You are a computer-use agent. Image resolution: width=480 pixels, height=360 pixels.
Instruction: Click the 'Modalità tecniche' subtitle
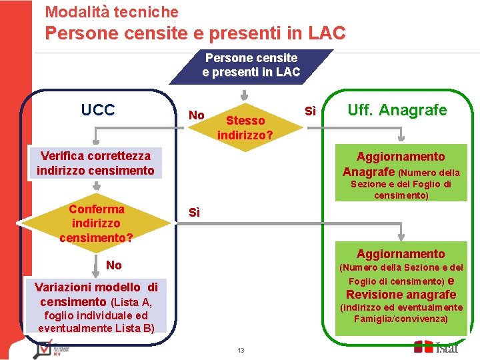click(111, 11)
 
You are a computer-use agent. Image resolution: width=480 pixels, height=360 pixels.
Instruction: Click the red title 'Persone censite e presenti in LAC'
click(195, 33)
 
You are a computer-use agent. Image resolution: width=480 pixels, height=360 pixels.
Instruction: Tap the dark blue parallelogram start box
click(251, 65)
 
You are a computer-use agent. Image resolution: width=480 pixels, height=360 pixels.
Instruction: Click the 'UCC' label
click(97, 110)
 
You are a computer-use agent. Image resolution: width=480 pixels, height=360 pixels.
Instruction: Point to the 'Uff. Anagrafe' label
click(397, 110)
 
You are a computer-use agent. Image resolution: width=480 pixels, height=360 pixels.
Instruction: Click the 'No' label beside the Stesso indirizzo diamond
click(196, 115)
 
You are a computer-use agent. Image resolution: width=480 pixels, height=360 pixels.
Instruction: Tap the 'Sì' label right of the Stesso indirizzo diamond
click(310, 110)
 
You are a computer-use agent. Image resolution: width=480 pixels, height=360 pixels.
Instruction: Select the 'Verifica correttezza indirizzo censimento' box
click(95, 163)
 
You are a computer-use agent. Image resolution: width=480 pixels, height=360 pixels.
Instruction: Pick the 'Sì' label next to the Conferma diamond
click(194, 213)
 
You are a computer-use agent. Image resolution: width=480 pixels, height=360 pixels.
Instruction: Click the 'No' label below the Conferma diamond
click(113, 265)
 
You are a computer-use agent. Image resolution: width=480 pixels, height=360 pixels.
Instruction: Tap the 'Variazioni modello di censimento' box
click(96, 307)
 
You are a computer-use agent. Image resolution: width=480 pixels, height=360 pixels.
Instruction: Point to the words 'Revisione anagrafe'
click(401, 295)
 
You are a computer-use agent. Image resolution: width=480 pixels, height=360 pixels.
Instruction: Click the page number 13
click(241, 351)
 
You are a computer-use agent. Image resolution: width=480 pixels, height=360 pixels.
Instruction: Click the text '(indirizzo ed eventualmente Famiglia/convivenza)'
click(401, 313)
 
